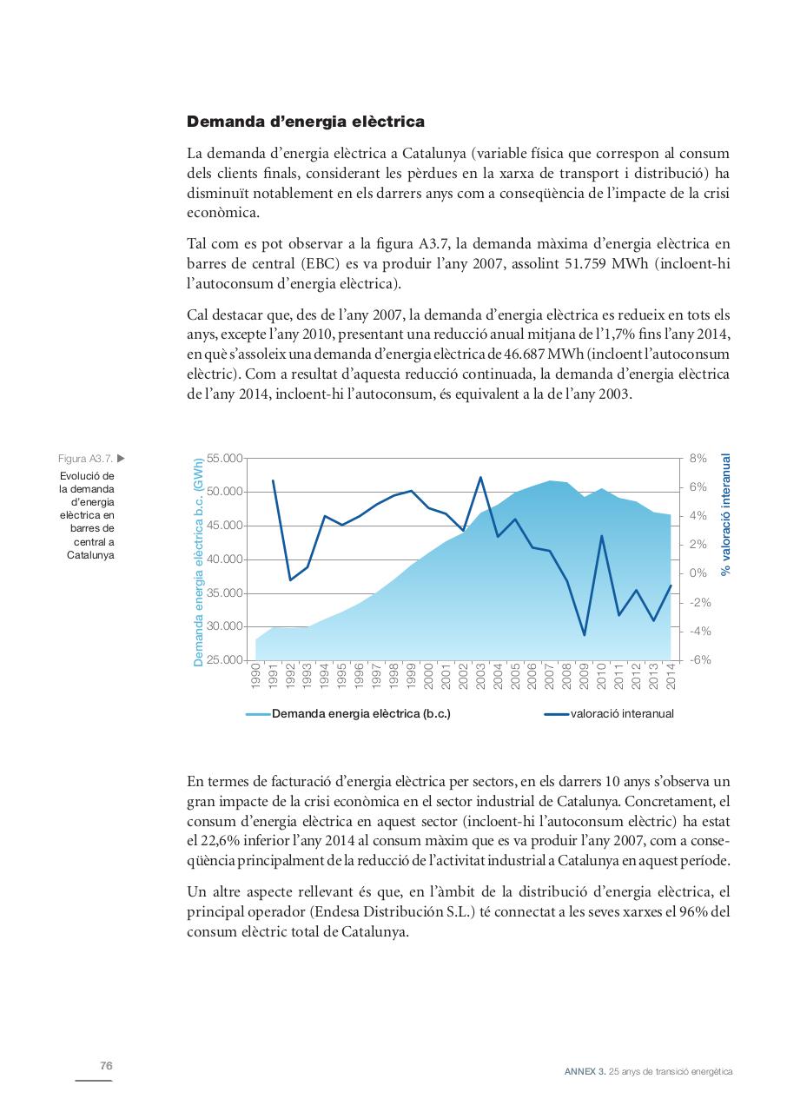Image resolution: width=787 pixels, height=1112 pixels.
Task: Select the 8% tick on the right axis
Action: tap(698, 459)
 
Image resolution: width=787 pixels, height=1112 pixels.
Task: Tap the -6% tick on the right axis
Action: tap(699, 660)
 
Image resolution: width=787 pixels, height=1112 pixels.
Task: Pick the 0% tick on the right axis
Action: tap(698, 573)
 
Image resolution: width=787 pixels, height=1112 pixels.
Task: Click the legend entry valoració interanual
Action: tap(621, 714)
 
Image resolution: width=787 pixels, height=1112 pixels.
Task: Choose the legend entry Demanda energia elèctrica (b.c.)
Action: tap(360, 714)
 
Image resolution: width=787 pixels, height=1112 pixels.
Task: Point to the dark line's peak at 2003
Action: tap(480, 477)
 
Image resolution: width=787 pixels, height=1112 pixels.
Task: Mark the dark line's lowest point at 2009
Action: tap(584, 635)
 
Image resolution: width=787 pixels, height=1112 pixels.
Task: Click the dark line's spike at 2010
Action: tap(601, 536)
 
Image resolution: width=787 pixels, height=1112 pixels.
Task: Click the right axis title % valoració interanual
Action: tap(726, 514)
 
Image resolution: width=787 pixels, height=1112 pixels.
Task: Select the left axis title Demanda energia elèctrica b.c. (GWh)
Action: tap(199, 561)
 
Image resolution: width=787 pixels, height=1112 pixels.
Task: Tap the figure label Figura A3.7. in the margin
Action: tap(85, 459)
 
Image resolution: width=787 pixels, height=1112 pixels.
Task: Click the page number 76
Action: tap(106, 1066)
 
